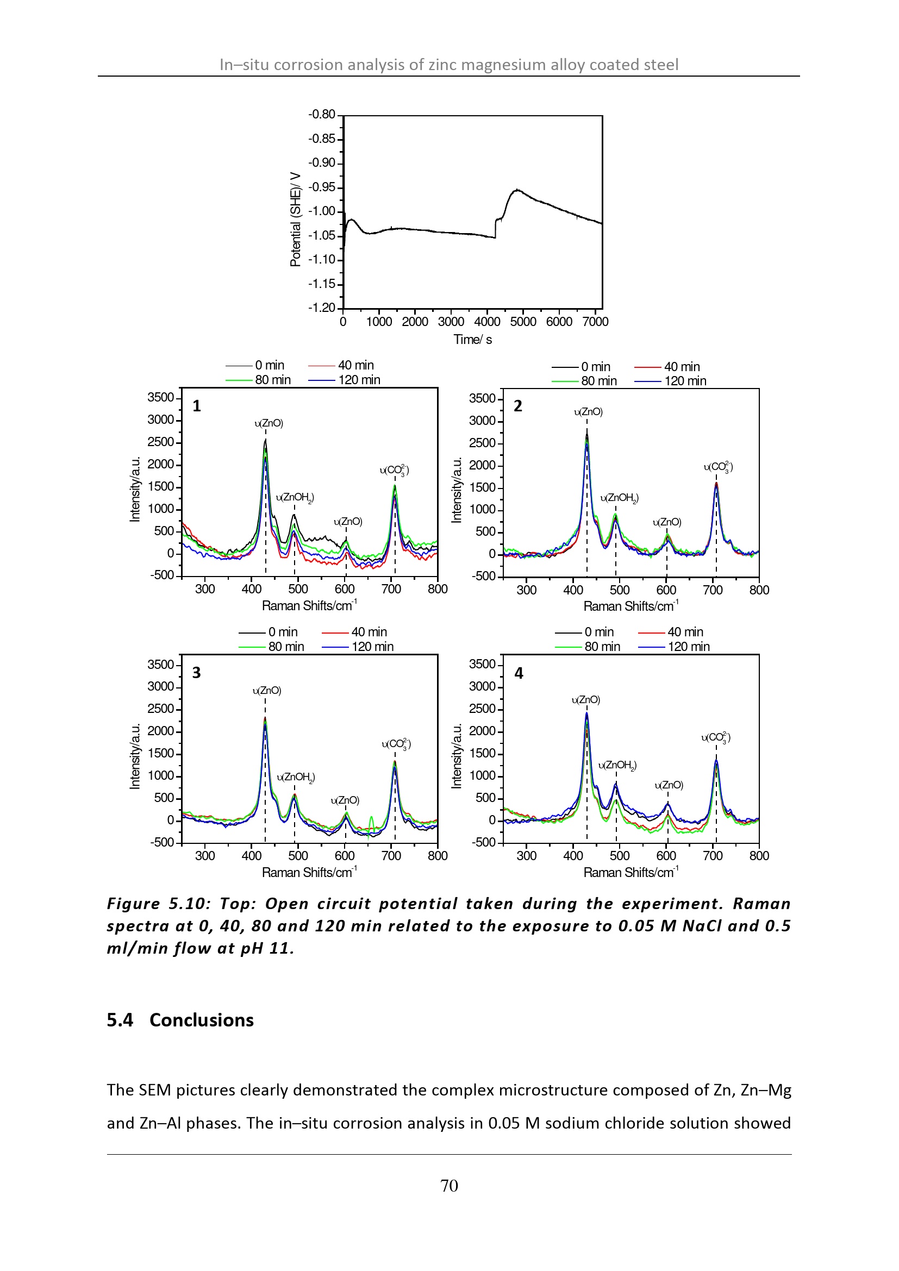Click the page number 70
[449, 1185]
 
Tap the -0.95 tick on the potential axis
[322, 187]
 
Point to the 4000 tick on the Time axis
[487, 322]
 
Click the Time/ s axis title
[473, 339]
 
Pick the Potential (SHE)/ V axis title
[296, 219]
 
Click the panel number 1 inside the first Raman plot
[197, 406]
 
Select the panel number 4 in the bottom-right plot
[519, 673]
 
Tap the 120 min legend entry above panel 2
[670, 381]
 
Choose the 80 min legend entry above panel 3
[271, 647]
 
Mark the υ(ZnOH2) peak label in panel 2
[620, 498]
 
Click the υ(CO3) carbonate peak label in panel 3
[396, 744]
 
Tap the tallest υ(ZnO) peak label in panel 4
[586, 700]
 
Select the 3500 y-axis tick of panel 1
[160, 397]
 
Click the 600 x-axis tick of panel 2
[666, 590]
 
